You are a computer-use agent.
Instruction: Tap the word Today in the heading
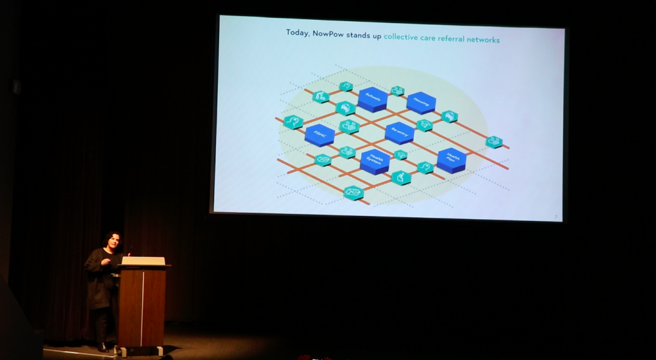click(297, 33)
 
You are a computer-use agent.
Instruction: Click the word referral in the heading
click(447, 39)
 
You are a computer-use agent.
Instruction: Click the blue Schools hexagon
click(372, 99)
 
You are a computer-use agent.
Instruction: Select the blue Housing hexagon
click(421, 102)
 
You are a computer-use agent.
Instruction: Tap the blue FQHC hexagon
click(320, 135)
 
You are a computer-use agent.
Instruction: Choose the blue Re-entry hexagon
click(400, 132)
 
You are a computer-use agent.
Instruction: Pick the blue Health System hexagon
click(375, 161)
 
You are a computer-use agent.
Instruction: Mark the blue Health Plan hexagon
click(452, 160)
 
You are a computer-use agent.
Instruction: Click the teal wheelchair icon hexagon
click(401, 177)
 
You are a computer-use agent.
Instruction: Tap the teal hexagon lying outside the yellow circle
click(493, 142)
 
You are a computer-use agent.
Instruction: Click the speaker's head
click(113, 241)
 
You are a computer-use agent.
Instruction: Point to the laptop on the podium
click(143, 261)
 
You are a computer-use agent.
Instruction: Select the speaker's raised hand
click(106, 261)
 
